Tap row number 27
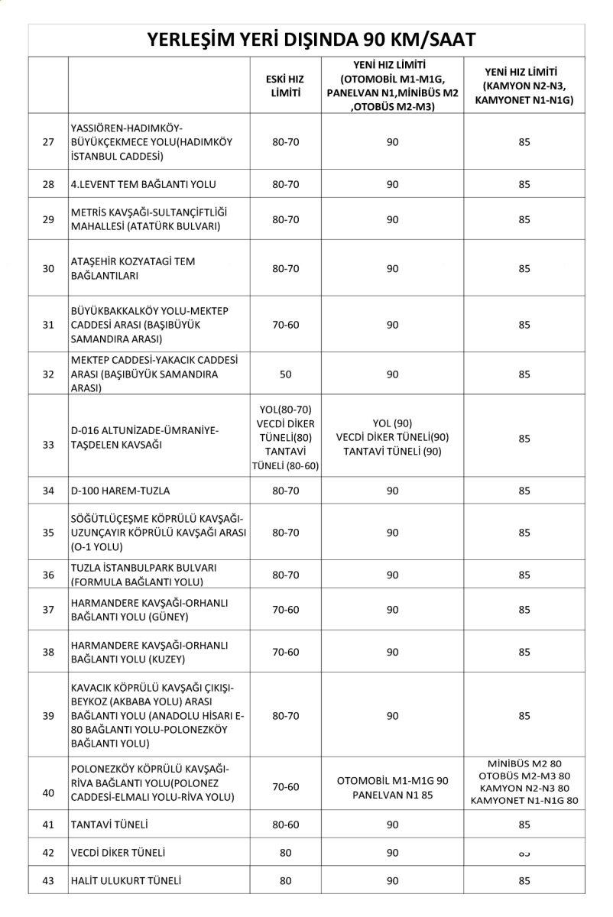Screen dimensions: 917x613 (x=49, y=142)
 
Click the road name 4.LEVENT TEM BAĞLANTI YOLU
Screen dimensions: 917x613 (x=143, y=184)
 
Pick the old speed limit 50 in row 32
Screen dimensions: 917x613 (x=286, y=374)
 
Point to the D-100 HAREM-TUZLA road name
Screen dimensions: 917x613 (x=120, y=491)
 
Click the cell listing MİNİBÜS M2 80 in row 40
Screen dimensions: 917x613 (x=524, y=783)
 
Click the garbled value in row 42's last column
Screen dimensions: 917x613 (x=524, y=853)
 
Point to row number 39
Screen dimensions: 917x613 (x=49, y=715)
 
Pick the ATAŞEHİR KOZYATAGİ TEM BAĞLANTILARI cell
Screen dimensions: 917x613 (x=133, y=268)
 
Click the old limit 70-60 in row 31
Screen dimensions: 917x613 (x=286, y=325)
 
